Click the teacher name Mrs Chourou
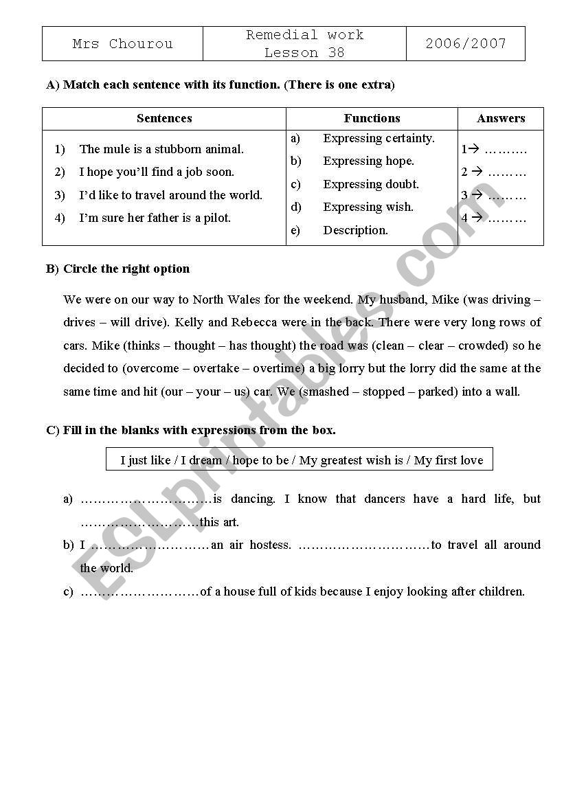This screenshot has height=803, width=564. pos(122,44)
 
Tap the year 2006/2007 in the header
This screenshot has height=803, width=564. pos(465,44)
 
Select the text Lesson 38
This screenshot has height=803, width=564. pos(304,53)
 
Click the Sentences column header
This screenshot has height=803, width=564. pos(164,118)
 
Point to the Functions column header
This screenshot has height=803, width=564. pos(372,118)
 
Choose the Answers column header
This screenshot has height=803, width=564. pos(501,118)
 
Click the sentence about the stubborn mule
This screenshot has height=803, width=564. pos(161,149)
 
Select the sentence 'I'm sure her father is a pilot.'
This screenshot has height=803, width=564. pos(155,218)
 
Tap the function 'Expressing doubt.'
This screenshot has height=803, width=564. pos(371,184)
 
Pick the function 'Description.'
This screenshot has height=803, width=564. pos(355,230)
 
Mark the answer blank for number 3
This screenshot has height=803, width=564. pos(507,196)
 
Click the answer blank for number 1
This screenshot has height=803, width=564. pos(506,150)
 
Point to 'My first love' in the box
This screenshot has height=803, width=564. pos(449,460)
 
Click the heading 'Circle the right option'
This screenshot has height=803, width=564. pos(126,269)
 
